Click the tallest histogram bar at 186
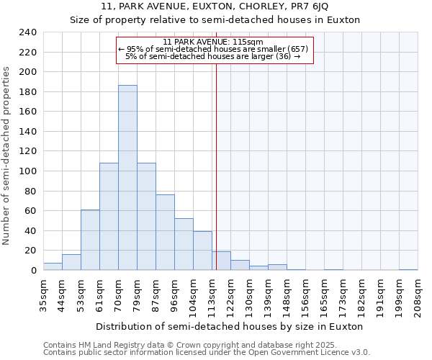point(127,178)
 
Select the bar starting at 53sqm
point(90,240)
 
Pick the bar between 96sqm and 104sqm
point(184,244)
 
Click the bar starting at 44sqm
point(71,262)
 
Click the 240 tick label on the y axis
point(28,32)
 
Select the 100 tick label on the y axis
point(28,72)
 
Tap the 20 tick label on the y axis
point(31,251)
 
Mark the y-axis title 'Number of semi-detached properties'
point(7,156)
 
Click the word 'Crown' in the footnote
point(161,346)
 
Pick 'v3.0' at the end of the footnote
point(360,353)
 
